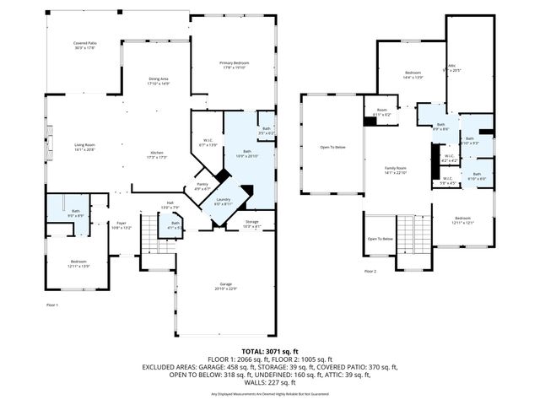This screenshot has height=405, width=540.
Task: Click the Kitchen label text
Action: [157, 154]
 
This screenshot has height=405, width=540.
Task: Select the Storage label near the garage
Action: [252, 223]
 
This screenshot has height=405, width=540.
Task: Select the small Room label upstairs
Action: [381, 112]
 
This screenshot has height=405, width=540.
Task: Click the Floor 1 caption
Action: [51, 305]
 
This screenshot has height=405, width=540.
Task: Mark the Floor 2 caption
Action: [370, 272]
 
